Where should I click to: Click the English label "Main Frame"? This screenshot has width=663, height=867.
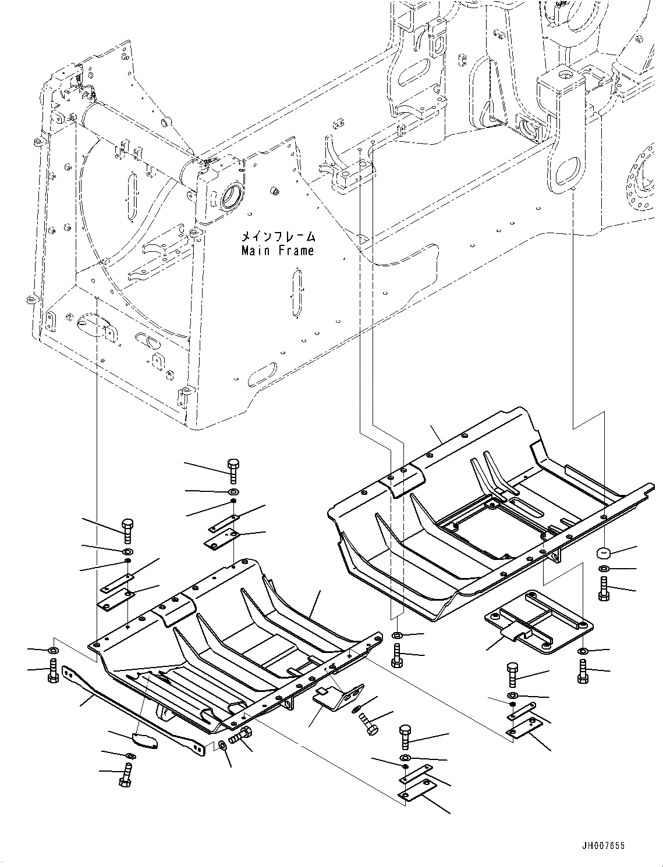coord(278,251)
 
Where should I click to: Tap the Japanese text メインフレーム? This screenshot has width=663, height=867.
coord(278,237)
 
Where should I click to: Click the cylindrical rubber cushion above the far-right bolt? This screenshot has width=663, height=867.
coord(604,552)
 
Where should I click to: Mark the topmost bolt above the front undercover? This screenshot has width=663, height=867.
coord(232,469)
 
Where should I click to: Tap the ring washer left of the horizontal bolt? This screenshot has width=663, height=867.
coord(223,745)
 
